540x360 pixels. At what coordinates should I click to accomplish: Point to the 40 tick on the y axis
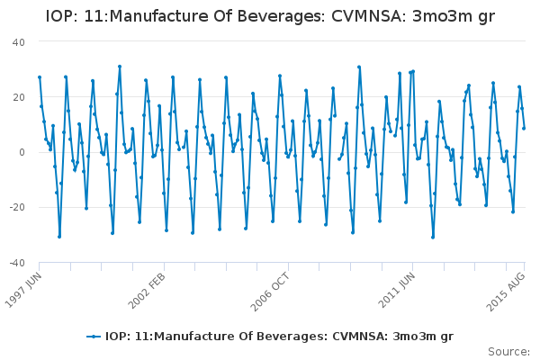point(18,42)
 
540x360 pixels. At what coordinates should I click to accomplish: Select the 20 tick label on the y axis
point(18,97)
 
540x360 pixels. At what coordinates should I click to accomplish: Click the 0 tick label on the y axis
point(22,152)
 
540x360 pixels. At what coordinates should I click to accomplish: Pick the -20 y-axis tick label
point(16,207)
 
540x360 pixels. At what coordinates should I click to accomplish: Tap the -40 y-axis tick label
point(16,262)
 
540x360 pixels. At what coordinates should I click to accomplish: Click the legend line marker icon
point(93,337)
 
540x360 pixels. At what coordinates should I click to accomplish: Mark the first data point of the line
point(40,77)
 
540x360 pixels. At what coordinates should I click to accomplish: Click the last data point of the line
point(524,128)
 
